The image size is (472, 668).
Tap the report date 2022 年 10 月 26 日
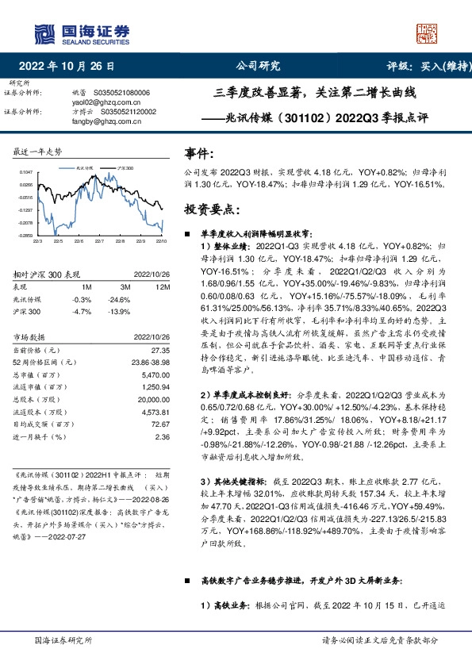[x=71, y=66]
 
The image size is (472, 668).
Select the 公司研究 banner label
[x=259, y=66]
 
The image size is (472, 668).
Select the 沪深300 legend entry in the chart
[x=125, y=169]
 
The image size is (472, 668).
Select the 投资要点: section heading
[x=210, y=209]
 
